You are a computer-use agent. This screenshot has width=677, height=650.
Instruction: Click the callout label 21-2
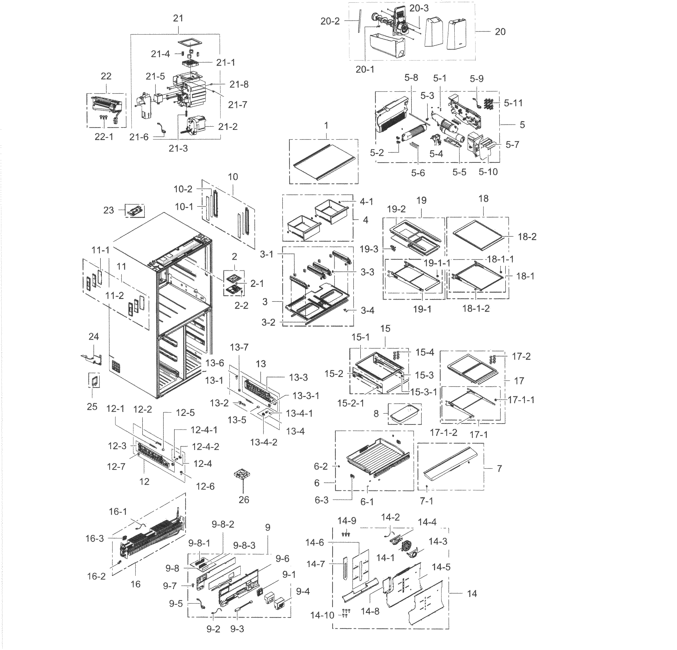pos(228,127)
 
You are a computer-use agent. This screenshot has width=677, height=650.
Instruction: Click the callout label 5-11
pos(513,103)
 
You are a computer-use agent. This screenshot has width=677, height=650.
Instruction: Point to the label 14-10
pos(322,615)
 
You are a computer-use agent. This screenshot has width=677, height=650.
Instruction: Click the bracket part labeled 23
pos(134,210)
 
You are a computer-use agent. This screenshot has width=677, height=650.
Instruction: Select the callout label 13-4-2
pos(264,442)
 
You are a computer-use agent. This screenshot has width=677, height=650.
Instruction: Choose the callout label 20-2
pos(330,21)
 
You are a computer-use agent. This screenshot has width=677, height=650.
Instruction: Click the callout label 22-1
pos(104,137)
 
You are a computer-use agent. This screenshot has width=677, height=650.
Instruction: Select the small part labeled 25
pos(94,380)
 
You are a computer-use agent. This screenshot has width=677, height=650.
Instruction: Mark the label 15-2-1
pos(351,403)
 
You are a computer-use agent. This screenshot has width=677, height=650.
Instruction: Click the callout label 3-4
pos(368,310)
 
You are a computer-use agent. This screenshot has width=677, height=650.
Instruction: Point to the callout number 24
pos(93,337)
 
